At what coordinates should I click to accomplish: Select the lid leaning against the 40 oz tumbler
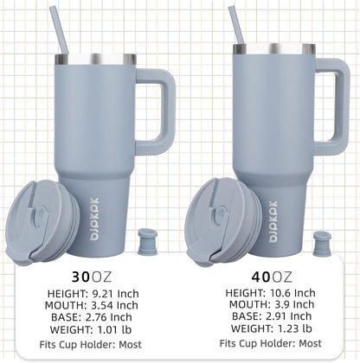[222, 222]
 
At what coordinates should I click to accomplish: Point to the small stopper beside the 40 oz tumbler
[322, 243]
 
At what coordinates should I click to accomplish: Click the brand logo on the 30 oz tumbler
[94, 220]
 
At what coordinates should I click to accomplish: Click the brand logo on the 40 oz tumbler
[273, 221]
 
